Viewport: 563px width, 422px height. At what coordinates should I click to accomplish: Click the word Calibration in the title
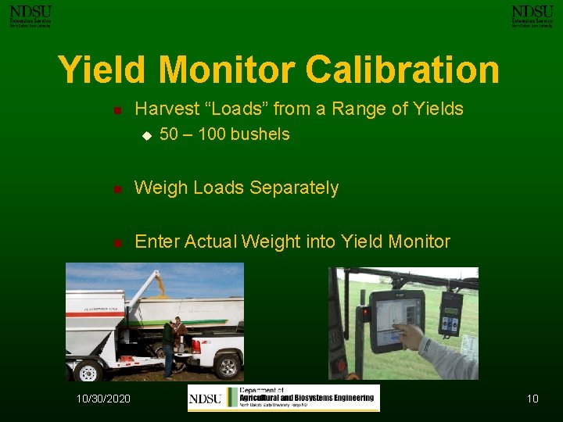(x=402, y=70)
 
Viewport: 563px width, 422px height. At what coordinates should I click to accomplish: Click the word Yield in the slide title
(x=103, y=70)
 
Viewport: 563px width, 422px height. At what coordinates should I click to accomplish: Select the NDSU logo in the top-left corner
(x=30, y=15)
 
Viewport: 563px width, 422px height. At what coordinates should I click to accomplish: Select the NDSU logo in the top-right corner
(x=532, y=15)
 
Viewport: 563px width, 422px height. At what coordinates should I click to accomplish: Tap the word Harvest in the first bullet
(x=164, y=109)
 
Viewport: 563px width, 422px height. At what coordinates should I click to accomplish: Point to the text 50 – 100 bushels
(x=224, y=134)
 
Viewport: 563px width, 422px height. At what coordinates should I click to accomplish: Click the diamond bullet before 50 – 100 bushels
(x=145, y=135)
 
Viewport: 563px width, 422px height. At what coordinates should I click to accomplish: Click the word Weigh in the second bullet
(x=160, y=188)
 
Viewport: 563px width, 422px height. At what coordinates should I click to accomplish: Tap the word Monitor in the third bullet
(x=418, y=241)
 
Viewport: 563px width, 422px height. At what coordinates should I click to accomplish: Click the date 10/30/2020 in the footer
(x=103, y=399)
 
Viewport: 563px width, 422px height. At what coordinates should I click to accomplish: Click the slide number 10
(x=532, y=399)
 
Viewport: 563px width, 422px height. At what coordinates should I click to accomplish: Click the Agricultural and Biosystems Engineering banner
(x=283, y=398)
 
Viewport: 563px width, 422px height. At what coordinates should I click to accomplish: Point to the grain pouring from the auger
(x=161, y=285)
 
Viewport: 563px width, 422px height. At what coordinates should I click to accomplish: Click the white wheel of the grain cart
(x=87, y=370)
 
